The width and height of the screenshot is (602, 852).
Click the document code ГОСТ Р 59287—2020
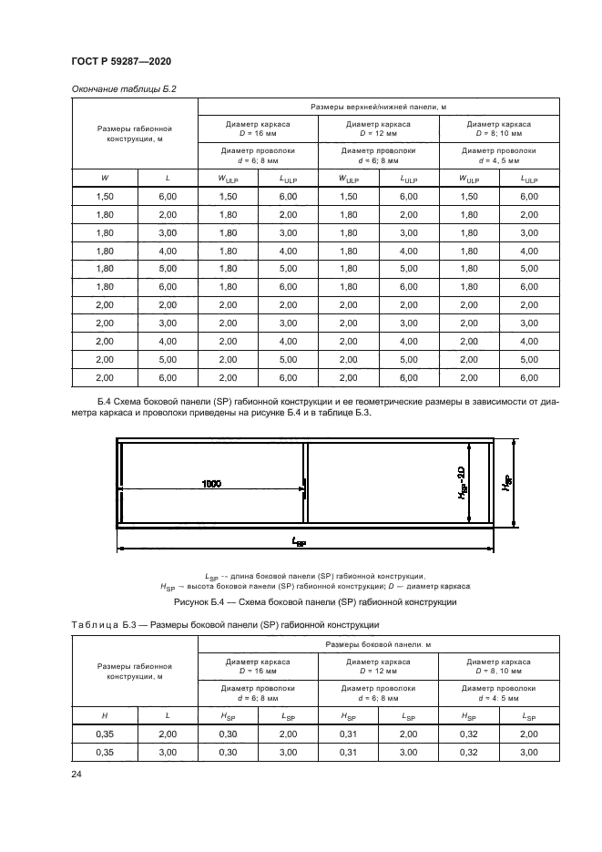point(120,62)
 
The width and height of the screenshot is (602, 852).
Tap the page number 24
point(75,775)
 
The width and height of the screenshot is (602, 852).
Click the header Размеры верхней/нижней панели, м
point(378,107)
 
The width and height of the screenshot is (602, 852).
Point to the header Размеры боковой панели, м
point(378,644)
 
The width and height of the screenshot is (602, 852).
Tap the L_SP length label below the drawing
point(300,542)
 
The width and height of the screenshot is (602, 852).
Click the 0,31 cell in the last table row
point(348,753)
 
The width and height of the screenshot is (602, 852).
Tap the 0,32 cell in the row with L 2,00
point(469,734)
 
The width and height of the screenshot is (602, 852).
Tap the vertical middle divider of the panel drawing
point(305,484)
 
